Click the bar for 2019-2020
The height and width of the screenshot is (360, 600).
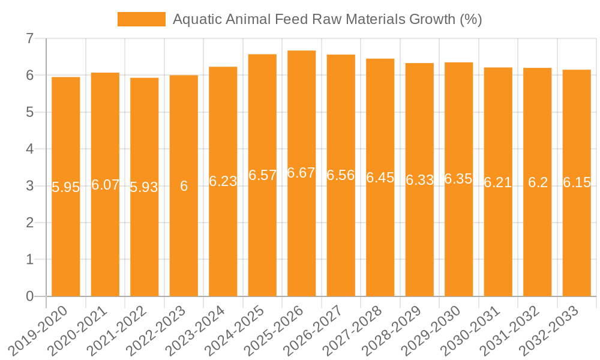point(66,240)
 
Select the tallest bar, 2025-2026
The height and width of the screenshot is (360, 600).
point(302,240)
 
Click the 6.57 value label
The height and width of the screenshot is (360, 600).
point(262,175)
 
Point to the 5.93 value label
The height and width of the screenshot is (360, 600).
point(144,187)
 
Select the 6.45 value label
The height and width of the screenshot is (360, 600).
point(380,178)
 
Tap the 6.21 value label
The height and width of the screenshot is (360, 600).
point(498,182)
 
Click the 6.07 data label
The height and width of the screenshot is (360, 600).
point(105,185)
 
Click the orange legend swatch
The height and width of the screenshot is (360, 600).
point(141,19)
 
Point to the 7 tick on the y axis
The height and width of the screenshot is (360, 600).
point(29,38)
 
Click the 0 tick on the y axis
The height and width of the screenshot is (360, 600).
point(29,296)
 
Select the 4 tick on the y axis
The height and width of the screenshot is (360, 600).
point(29,149)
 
